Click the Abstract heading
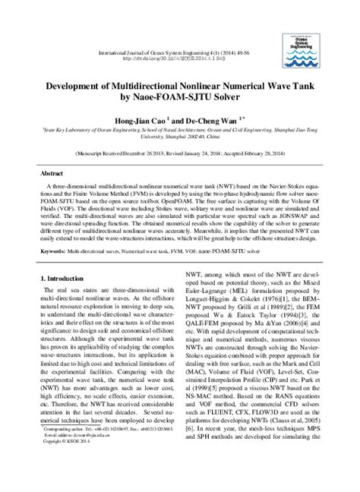click(x=52, y=174)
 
